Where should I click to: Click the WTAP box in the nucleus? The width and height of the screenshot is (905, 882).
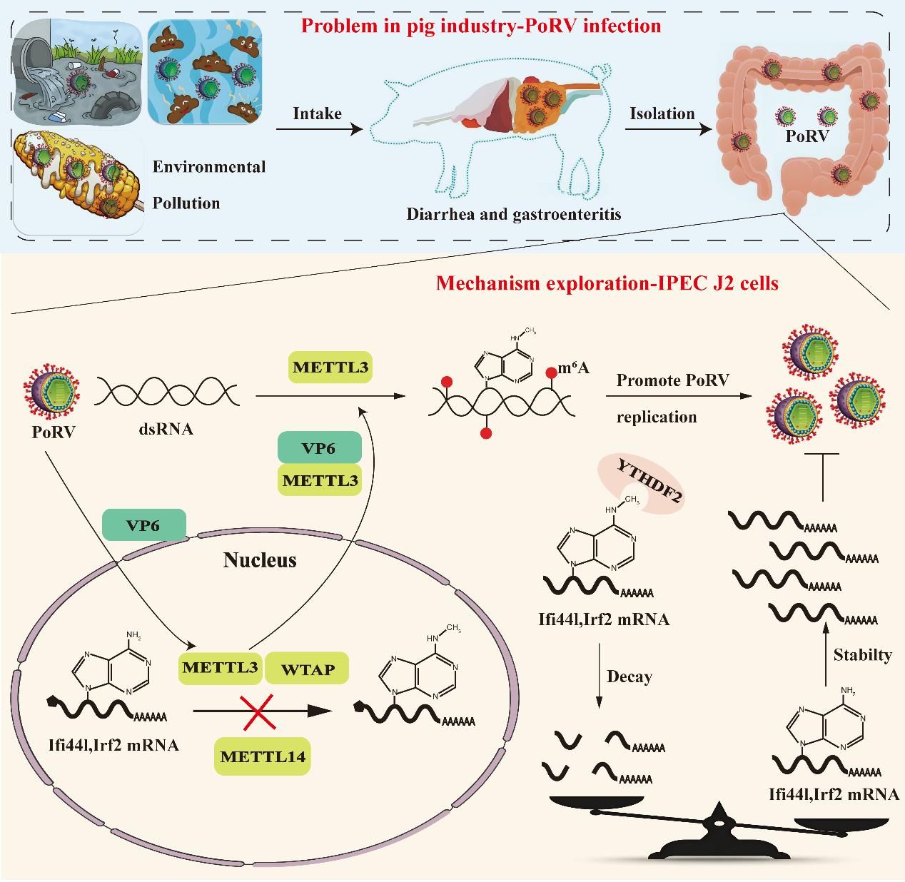pos(308,669)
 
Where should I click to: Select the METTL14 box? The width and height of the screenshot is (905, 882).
pos(263,756)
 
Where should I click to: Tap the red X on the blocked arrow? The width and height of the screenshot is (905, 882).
pos(261,711)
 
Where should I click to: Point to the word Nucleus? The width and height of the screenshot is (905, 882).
pos(260,560)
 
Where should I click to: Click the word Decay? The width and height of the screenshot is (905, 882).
pos(629,676)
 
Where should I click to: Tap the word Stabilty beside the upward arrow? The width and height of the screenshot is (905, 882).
pos(862,654)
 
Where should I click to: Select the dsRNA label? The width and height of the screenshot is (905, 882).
pos(166,430)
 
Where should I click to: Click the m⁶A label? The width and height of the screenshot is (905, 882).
pos(573,368)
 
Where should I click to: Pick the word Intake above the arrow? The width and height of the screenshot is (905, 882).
pos(317,113)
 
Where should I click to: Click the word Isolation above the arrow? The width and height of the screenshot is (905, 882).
pos(662,113)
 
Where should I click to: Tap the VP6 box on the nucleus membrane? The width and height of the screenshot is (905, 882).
pos(143,525)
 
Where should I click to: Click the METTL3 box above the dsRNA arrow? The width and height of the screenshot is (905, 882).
pos(331,368)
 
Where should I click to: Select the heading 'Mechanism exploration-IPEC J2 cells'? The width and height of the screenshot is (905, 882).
pos(607,283)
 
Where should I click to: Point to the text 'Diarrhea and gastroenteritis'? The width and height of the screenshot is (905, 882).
pos(514,213)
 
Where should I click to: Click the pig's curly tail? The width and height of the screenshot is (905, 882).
pos(603,71)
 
